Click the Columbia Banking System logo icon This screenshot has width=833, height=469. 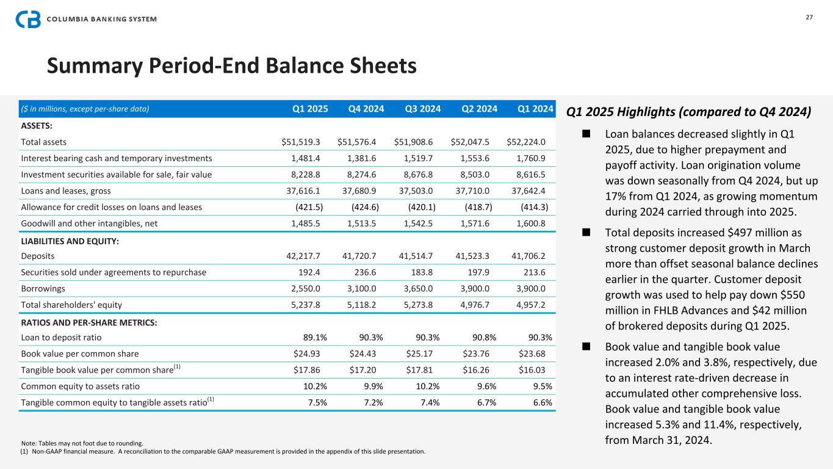point(28,19)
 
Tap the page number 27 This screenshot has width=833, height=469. point(809,17)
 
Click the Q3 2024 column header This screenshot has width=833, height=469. point(422,109)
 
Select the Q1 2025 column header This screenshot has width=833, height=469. point(310,109)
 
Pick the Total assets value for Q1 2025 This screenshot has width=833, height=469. point(302,142)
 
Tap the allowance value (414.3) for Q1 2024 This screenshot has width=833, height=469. point(534,207)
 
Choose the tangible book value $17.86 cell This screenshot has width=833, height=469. point(308,370)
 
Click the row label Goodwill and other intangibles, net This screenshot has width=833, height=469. point(89,224)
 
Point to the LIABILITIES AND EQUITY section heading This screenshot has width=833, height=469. point(70,242)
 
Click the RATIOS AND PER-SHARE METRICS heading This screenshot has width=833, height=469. point(88,323)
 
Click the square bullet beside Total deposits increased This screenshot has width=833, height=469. point(586,233)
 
